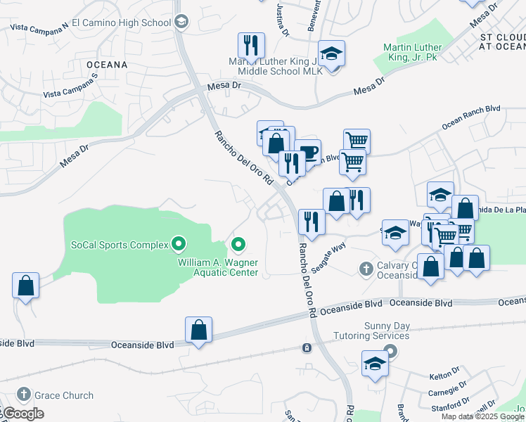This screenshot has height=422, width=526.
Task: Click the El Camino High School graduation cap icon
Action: point(181,22)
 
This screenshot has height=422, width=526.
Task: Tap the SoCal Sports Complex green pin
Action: point(179,245)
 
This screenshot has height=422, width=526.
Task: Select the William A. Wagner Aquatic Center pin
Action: point(238,245)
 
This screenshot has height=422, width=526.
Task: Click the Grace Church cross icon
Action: point(23,395)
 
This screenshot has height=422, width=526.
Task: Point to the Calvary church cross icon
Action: point(365,268)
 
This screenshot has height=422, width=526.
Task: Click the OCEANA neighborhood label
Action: point(107,65)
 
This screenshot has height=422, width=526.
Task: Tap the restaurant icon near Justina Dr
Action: point(251,46)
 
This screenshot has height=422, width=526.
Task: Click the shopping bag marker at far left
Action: point(26,286)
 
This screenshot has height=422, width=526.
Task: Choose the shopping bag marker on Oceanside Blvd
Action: point(199,330)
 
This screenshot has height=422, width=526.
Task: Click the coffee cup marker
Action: point(307,152)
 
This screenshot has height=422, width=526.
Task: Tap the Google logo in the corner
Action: point(23,414)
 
